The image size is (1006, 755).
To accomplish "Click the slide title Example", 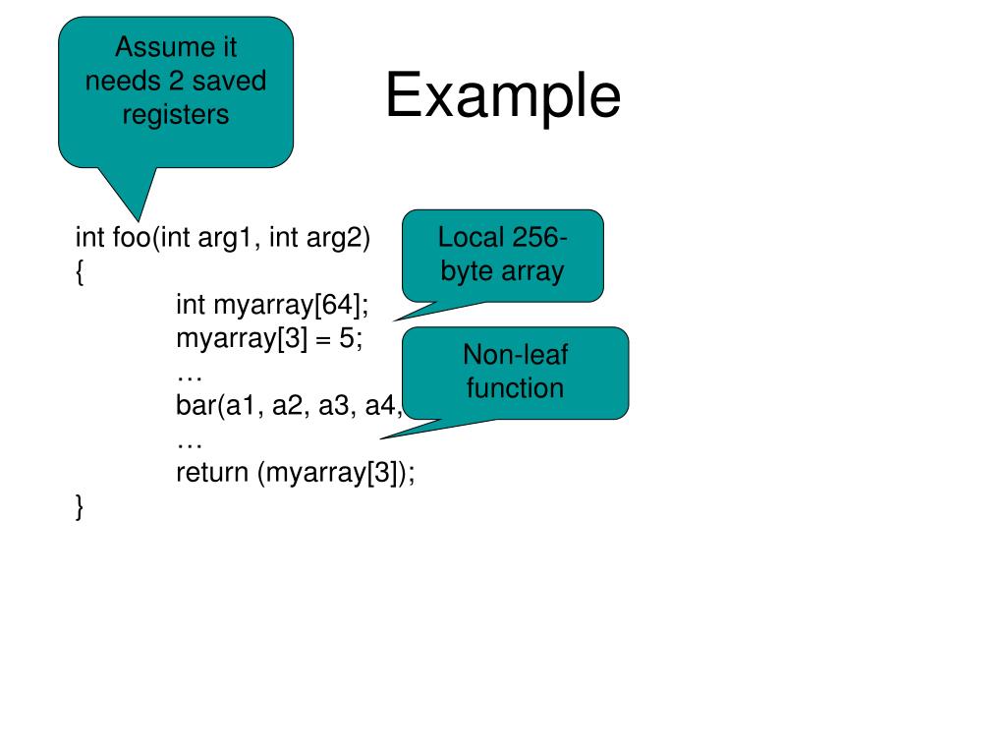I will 502,97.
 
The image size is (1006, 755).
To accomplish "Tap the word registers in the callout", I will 176,114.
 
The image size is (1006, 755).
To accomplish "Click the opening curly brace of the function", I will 79,271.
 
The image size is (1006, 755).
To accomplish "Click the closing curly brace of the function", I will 79,506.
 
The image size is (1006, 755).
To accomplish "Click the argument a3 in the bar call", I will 336,405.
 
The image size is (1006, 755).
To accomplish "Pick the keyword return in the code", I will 213,473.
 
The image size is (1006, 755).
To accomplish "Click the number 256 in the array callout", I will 536,237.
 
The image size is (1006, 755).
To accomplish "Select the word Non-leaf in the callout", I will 515,354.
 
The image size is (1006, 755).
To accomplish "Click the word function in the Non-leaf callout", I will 515,387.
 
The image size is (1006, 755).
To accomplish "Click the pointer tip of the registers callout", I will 135,217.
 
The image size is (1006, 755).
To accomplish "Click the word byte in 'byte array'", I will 466,270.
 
